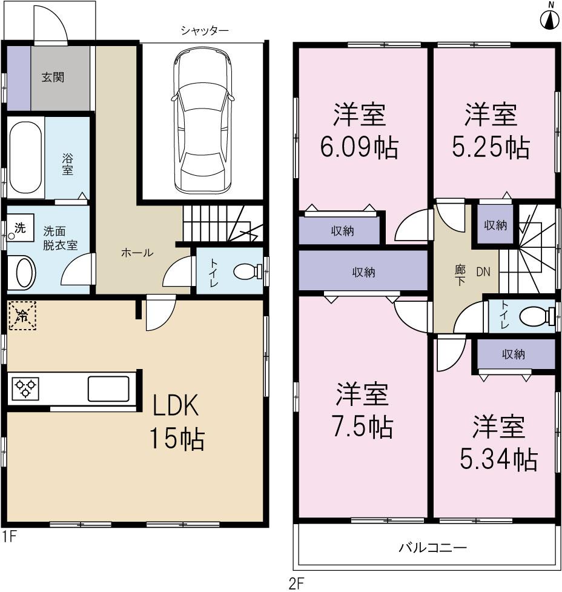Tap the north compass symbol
[x=549, y=19]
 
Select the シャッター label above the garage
[x=204, y=30]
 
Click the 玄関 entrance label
[x=53, y=78]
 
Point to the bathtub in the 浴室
[x=25, y=159]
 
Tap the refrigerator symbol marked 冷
[x=22, y=315]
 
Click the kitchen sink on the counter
[x=108, y=388]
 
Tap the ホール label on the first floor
[x=137, y=253]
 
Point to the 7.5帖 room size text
[x=362, y=427]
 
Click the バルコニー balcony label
[x=432, y=548]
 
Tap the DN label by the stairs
[x=483, y=273]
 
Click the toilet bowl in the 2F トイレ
[x=535, y=316]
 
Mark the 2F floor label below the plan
[x=296, y=583]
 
